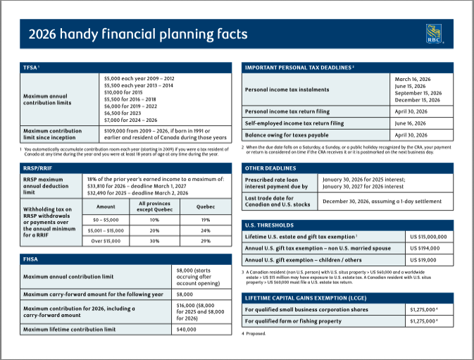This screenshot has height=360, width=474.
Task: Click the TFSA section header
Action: tap(32, 68)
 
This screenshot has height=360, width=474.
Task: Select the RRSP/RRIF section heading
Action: tap(38, 169)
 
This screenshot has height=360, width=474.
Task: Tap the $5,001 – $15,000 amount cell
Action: tap(106, 230)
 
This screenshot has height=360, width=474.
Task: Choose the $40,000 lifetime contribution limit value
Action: tap(186, 330)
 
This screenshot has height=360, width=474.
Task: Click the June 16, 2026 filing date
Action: tap(413, 123)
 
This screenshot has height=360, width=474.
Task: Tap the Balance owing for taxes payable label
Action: tap(287, 135)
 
